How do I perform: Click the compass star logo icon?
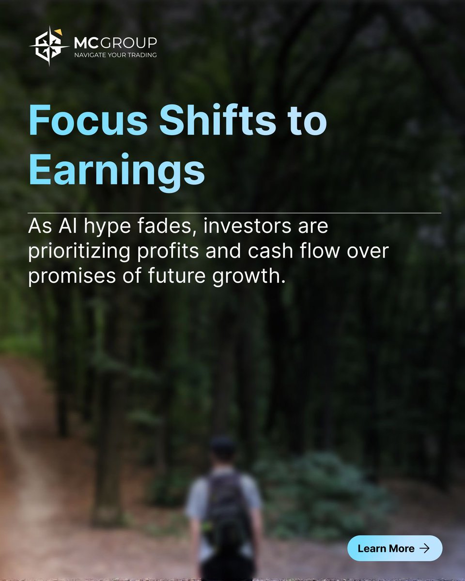click(49, 46)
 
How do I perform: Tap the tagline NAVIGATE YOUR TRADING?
click(115, 55)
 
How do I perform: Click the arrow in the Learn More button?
click(425, 548)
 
